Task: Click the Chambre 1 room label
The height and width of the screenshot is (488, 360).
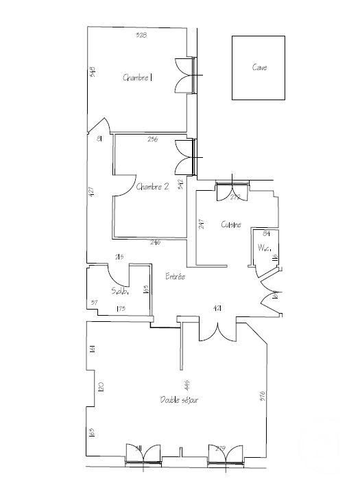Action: click(x=137, y=78)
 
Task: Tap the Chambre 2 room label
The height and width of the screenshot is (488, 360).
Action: click(x=152, y=186)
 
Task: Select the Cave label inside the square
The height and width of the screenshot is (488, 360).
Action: click(x=259, y=67)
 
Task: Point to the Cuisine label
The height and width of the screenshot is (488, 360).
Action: click(x=230, y=224)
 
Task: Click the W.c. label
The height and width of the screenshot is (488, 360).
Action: click(x=265, y=247)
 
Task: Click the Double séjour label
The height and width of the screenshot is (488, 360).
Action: click(x=180, y=399)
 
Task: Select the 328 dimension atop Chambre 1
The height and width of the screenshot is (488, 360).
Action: click(x=142, y=34)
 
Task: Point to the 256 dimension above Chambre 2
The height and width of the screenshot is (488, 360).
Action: click(x=154, y=139)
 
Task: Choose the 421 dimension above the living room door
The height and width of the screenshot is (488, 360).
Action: click(x=217, y=309)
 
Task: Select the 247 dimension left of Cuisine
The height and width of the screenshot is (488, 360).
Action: click(x=202, y=224)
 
